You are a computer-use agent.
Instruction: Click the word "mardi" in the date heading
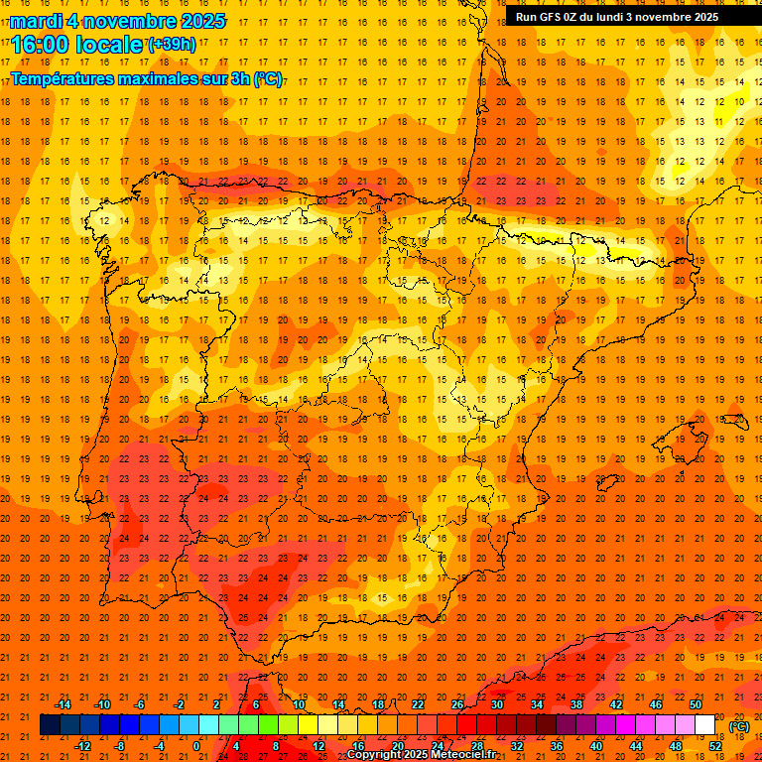(x=36, y=21)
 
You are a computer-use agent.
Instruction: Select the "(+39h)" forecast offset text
(x=171, y=44)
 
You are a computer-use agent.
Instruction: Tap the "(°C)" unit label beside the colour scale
(x=739, y=726)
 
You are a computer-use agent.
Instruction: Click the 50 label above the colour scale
(x=696, y=704)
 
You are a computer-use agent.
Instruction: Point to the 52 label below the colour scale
(x=715, y=746)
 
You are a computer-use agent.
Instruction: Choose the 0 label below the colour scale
(x=196, y=746)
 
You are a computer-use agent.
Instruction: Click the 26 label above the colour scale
(x=457, y=704)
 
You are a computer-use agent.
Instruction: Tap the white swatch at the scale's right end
(x=705, y=725)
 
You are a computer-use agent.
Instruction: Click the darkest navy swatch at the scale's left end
(x=50, y=725)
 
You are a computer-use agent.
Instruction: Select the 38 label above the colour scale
(x=576, y=704)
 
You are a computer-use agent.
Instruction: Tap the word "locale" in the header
(x=112, y=45)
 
